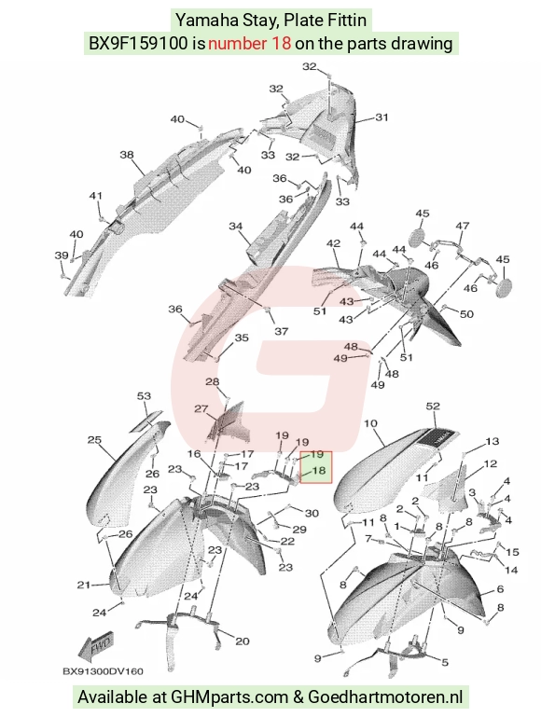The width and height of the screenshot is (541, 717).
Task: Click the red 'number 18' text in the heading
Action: coord(249,43)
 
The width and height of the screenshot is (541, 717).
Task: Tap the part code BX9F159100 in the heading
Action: coord(138,43)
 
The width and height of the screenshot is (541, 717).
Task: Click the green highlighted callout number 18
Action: coord(319,470)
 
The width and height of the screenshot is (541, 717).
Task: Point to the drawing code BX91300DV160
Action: coord(103,671)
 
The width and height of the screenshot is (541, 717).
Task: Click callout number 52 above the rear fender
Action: coord(433,407)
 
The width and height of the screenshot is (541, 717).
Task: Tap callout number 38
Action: coord(127,155)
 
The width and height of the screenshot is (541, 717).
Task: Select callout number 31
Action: coord(381,117)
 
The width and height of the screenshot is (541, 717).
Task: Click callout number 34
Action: coord(235,226)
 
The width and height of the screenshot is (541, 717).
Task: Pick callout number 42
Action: coord(333,243)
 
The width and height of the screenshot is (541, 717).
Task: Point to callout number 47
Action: coord(462,226)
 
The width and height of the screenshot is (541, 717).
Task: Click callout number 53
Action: coord(144,395)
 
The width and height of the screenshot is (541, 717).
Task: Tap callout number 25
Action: coord(94,440)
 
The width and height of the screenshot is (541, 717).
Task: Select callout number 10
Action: coord(370,423)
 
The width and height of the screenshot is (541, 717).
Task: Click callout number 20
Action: coord(242,641)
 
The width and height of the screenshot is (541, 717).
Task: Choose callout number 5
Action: coord(445,662)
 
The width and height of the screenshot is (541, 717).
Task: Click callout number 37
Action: coord(281,331)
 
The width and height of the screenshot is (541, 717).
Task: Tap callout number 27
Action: coord(201,408)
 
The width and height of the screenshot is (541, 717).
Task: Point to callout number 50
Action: coord(466,314)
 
